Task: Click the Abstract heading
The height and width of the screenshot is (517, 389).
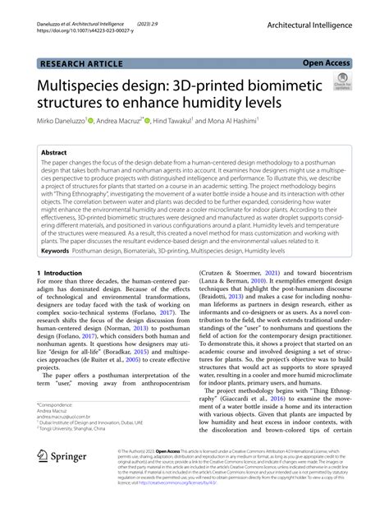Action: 60,152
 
